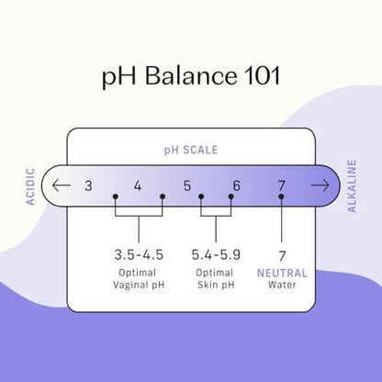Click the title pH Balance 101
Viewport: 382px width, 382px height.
(191, 76)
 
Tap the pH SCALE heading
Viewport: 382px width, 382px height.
(191, 150)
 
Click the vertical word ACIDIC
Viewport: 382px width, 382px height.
(30, 186)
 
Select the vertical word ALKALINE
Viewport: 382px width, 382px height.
(352, 186)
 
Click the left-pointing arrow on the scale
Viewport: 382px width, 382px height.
(62, 185)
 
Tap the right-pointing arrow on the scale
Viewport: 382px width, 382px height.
(320, 185)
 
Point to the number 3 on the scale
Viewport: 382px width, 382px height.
(88, 185)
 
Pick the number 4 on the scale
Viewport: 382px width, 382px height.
(138, 185)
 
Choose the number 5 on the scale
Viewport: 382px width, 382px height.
(187, 185)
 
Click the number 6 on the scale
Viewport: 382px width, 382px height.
(237, 185)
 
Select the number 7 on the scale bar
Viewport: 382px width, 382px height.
(282, 185)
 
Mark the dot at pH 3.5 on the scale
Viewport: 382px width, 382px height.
(116, 197)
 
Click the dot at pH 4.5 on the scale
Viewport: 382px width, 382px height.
(163, 197)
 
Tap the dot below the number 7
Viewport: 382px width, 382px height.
(281, 197)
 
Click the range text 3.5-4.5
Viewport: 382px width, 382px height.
(139, 255)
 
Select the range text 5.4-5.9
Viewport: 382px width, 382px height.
(216, 255)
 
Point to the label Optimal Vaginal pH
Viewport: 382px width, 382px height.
(139, 279)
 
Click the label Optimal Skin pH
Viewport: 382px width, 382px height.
(216, 279)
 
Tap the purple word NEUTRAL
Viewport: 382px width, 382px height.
(282, 273)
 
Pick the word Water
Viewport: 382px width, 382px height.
(282, 285)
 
